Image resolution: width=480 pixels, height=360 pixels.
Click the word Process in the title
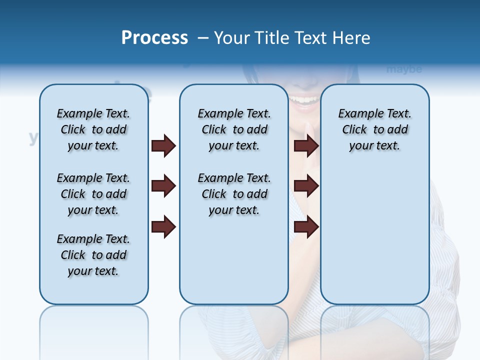(154, 38)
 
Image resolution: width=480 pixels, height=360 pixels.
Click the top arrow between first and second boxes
(163, 146)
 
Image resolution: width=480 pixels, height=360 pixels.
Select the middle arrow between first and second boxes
(163, 186)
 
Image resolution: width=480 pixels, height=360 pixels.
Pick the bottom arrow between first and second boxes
(163, 227)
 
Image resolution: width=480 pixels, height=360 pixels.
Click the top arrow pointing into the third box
(306, 146)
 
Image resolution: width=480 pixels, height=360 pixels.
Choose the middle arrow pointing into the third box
(306, 186)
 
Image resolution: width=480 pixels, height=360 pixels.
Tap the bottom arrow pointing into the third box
(306, 227)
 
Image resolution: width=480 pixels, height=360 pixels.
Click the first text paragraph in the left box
(93, 129)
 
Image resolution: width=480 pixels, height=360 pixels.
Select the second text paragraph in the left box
(93, 194)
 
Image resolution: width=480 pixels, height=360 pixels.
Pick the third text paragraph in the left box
(93, 255)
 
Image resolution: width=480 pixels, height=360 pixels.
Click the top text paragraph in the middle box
(234, 129)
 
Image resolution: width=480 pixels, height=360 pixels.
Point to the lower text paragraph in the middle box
(234, 194)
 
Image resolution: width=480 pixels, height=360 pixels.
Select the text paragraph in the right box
(374, 129)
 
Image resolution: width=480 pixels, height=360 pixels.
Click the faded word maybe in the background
(404, 69)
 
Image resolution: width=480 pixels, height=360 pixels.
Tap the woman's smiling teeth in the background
(305, 99)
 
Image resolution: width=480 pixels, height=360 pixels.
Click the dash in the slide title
(203, 38)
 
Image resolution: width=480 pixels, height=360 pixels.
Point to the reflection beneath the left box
(94, 325)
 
